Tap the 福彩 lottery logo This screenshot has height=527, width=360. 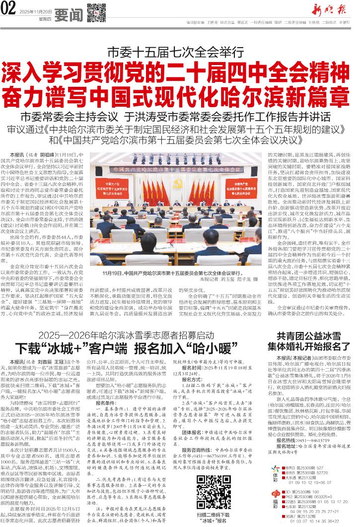pyautogui.click(x=275, y=503)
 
